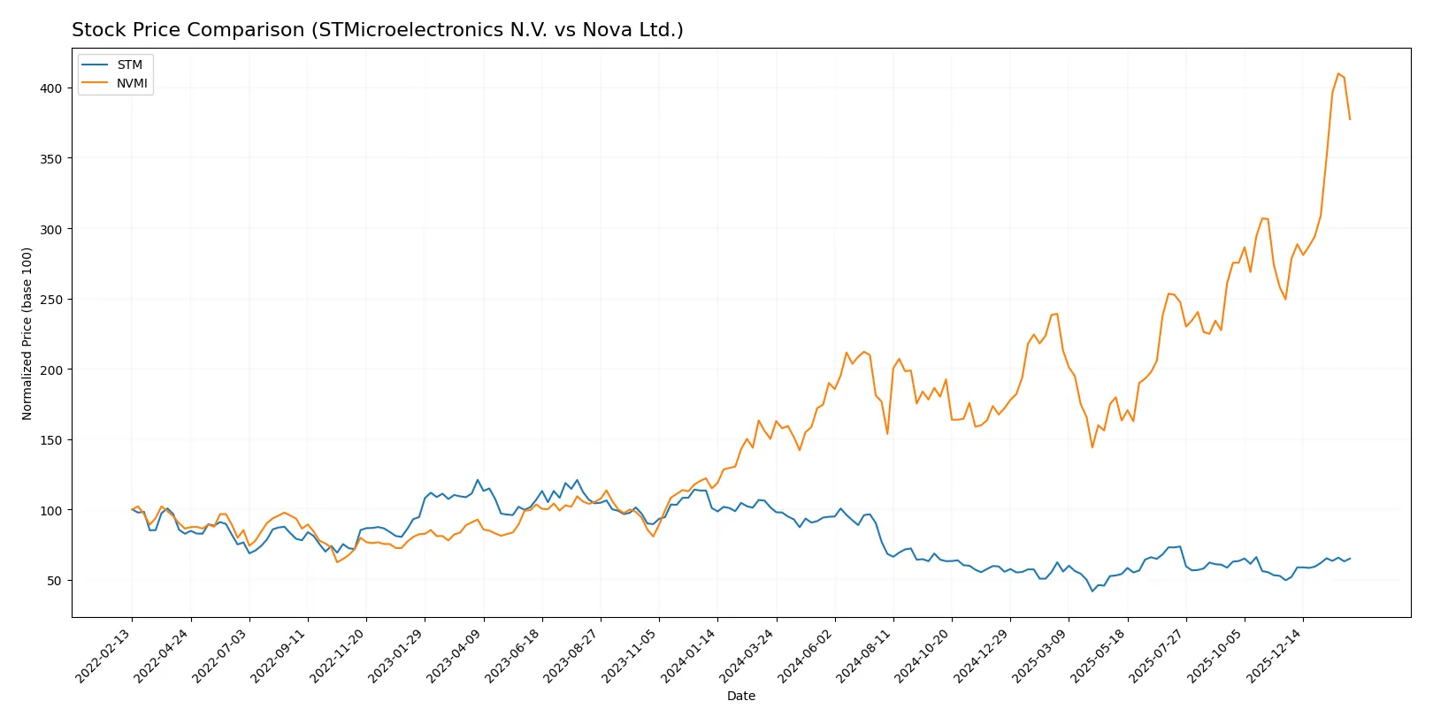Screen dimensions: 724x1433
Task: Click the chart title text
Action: [x=377, y=30]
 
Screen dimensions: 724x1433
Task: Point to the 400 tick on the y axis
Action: [x=50, y=88]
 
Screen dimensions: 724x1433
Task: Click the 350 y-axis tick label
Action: [x=50, y=159]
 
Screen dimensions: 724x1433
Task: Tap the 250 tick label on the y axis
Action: [x=50, y=300]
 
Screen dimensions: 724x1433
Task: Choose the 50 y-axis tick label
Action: [x=54, y=581]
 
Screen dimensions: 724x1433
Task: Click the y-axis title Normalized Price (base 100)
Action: [x=27, y=333]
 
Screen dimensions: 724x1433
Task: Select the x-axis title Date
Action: [x=741, y=696]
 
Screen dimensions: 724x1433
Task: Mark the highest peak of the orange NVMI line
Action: [x=1338, y=73]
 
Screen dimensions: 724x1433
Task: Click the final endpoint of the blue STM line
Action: [x=1350, y=558]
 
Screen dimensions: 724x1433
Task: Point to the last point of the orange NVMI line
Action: [x=1350, y=119]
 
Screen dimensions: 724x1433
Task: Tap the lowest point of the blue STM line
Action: [x=1092, y=591]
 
